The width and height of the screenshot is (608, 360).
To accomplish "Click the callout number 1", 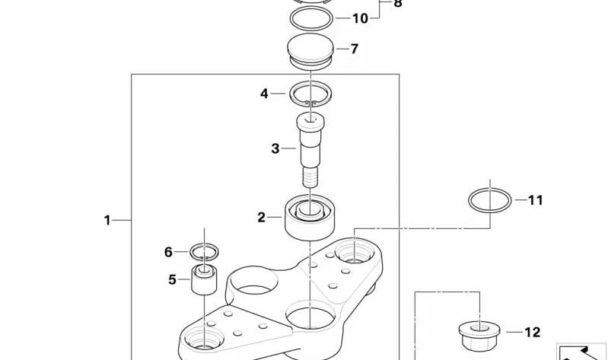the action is point(107,221).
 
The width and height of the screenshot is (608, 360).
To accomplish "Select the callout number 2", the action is point(262,217).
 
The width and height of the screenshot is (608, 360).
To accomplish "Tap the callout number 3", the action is point(275,148).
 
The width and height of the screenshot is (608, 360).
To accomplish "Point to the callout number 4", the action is point(264,94).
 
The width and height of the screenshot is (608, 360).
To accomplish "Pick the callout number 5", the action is point(172,279).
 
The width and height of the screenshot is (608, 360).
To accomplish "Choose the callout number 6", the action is point(168,252).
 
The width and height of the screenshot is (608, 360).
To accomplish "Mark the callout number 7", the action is point(355,49).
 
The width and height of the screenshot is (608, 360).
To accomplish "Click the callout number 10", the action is point(360,18).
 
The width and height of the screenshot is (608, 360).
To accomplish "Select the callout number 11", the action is point(536,200).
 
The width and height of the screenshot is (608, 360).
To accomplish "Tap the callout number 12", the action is point(533,332).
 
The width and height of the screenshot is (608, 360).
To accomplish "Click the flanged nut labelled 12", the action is point(479,335).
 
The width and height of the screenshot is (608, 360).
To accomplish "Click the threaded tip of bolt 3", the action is point(310,177).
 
